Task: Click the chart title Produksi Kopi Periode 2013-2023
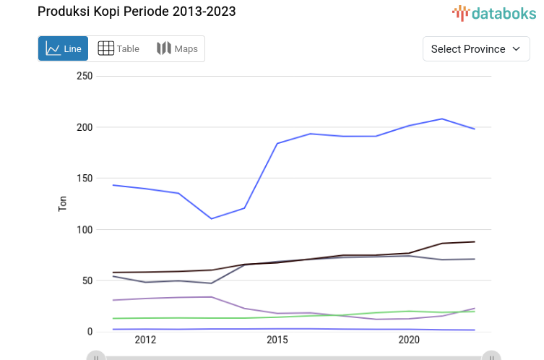tap(136, 12)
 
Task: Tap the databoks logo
tap(495, 12)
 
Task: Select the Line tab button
tap(64, 48)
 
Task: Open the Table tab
tap(118, 48)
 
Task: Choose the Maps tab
tap(177, 48)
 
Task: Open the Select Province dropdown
tap(475, 49)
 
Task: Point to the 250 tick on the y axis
tap(85, 76)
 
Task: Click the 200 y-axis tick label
tap(85, 127)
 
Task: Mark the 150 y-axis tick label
tap(85, 179)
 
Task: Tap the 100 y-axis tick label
tap(85, 230)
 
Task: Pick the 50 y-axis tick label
tap(87, 280)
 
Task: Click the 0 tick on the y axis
tap(90, 332)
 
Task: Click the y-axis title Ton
tap(62, 204)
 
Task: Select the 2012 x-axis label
tap(145, 340)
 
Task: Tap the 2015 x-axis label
tap(277, 340)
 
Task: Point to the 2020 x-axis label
tap(409, 340)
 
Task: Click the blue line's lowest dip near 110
tap(211, 218)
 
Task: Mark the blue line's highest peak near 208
tap(442, 119)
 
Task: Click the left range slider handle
tap(95, 356)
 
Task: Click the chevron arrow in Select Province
tap(516, 49)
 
